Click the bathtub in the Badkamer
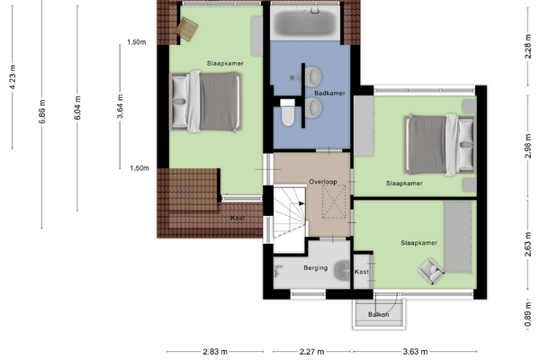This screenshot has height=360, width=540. (x=305, y=22)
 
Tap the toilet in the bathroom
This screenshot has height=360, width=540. (x=288, y=112)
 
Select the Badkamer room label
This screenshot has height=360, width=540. (x=329, y=93)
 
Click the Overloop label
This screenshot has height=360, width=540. (x=323, y=182)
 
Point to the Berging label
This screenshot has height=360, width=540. (x=316, y=267)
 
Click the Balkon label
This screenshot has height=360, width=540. (x=379, y=314)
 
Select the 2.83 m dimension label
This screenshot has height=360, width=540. (x=215, y=351)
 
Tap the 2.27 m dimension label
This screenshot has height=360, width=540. (x=311, y=351)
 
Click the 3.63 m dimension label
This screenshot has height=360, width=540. (x=415, y=351)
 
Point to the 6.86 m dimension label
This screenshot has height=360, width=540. (x=42, y=112)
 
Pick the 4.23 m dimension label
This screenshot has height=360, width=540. (x=13, y=76)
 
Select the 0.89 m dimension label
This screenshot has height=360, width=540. (x=528, y=315)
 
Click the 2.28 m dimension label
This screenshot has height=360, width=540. (x=528, y=47)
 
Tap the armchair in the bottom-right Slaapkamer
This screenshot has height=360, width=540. (x=431, y=271)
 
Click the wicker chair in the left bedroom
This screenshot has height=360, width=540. (x=187, y=29)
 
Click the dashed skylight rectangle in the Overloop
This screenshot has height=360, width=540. (x=334, y=202)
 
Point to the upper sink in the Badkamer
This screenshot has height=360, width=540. (x=313, y=76)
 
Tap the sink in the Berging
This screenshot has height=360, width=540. (x=342, y=270)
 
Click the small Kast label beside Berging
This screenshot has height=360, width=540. (x=362, y=272)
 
